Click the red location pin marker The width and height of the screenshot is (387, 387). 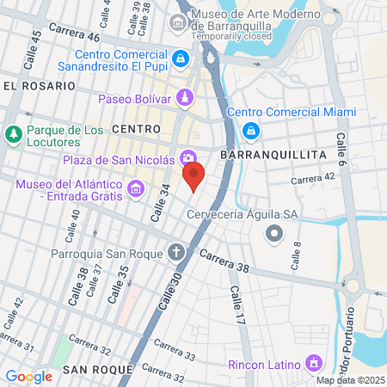pyautogui.click(x=193, y=177)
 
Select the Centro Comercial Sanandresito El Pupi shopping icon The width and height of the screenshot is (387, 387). pyautogui.click(x=181, y=58)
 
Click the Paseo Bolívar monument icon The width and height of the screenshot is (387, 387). pyautogui.click(x=185, y=98)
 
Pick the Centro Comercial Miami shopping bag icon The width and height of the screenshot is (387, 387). pyautogui.click(x=251, y=131)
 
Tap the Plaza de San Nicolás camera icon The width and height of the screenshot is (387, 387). pyautogui.click(x=188, y=157)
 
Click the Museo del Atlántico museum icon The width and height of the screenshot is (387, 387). pyautogui.click(x=135, y=188)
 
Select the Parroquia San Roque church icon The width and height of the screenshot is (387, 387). pyautogui.click(x=176, y=253)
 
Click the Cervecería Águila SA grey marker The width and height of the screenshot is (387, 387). pyautogui.click(x=273, y=232)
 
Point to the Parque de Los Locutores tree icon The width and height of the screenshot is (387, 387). pyautogui.click(x=13, y=135)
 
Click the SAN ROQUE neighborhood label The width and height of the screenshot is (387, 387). pyautogui.click(x=97, y=369)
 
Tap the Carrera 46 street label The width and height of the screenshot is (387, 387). pyautogui.click(x=75, y=34)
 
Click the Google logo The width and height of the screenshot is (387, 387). pyautogui.click(x=28, y=376)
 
